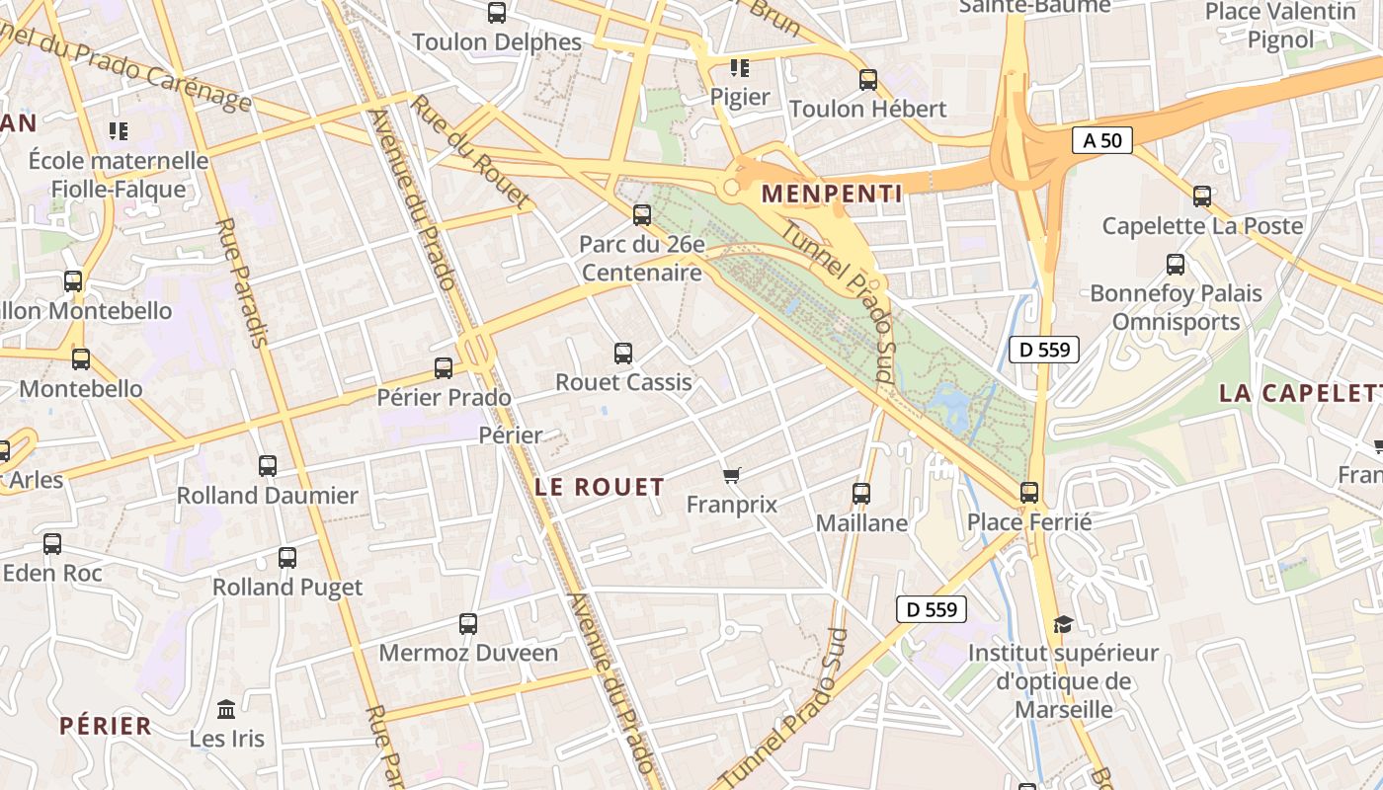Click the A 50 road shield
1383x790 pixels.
pyautogui.click(x=1101, y=140)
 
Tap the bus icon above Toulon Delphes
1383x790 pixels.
pyautogui.click(x=497, y=13)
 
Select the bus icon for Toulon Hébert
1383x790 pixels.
pyautogui.click(x=868, y=80)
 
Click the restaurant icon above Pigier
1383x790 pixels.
pyautogui.click(x=740, y=68)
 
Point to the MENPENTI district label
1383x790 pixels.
pyautogui.click(x=833, y=194)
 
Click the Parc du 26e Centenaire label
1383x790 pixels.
pyautogui.click(x=641, y=258)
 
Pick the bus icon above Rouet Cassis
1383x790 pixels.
pyautogui.click(x=623, y=353)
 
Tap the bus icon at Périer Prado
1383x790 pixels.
pyautogui.click(x=444, y=368)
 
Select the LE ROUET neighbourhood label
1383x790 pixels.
pyautogui.click(x=600, y=487)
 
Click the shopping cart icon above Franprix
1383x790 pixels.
pyautogui.click(x=732, y=476)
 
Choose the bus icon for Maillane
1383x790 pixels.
pyautogui.click(x=861, y=493)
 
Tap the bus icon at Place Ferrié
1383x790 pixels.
pyautogui.click(x=1029, y=492)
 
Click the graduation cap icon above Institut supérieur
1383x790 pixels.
pyautogui.click(x=1063, y=624)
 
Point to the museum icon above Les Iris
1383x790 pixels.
pyautogui.click(x=226, y=709)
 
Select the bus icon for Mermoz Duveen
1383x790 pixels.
pyautogui.click(x=468, y=624)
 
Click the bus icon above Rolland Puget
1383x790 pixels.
pyautogui.click(x=287, y=558)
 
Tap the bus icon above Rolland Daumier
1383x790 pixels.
pyautogui.click(x=268, y=466)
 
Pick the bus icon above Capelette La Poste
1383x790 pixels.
pyautogui.click(x=1202, y=197)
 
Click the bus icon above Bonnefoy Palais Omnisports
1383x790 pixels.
pyautogui.click(x=1176, y=265)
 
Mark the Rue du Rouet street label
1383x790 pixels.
pyautogui.click(x=470, y=151)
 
